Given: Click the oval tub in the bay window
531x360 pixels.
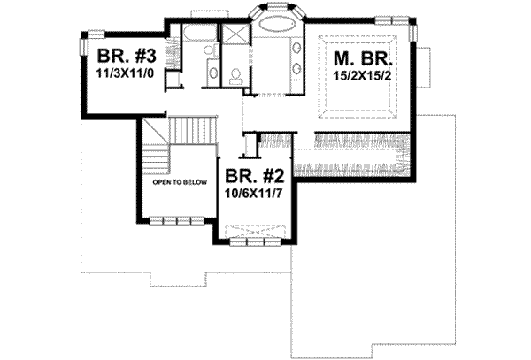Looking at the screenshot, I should [x=276, y=43].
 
